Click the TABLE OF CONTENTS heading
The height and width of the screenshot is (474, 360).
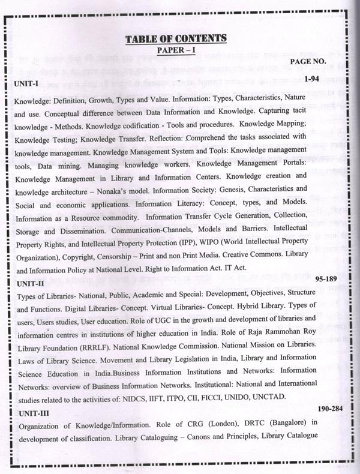coord(175,39)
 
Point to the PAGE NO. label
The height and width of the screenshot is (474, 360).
coord(308,61)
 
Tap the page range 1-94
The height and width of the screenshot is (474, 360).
coord(311,79)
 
